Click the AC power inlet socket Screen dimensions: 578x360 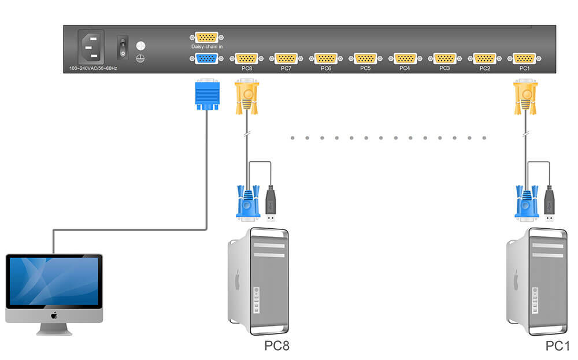91,47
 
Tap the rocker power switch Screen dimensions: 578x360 123,47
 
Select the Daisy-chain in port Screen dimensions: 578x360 206,37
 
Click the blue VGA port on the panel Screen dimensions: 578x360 206,58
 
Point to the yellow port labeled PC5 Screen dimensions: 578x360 365,58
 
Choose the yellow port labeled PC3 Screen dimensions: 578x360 445,58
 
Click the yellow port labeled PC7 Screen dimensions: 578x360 286,58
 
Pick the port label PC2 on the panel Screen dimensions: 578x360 485,69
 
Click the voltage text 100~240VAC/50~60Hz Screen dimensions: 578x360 93,69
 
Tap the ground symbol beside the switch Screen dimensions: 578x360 140,58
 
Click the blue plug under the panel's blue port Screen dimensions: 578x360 207,94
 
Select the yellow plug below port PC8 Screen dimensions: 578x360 247,97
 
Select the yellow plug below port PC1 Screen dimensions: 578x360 525,97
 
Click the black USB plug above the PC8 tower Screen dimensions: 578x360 271,203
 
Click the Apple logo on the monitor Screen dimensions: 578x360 54,316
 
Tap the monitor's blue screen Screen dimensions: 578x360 54,281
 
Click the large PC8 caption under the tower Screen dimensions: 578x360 277,346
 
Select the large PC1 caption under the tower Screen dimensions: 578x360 557,346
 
